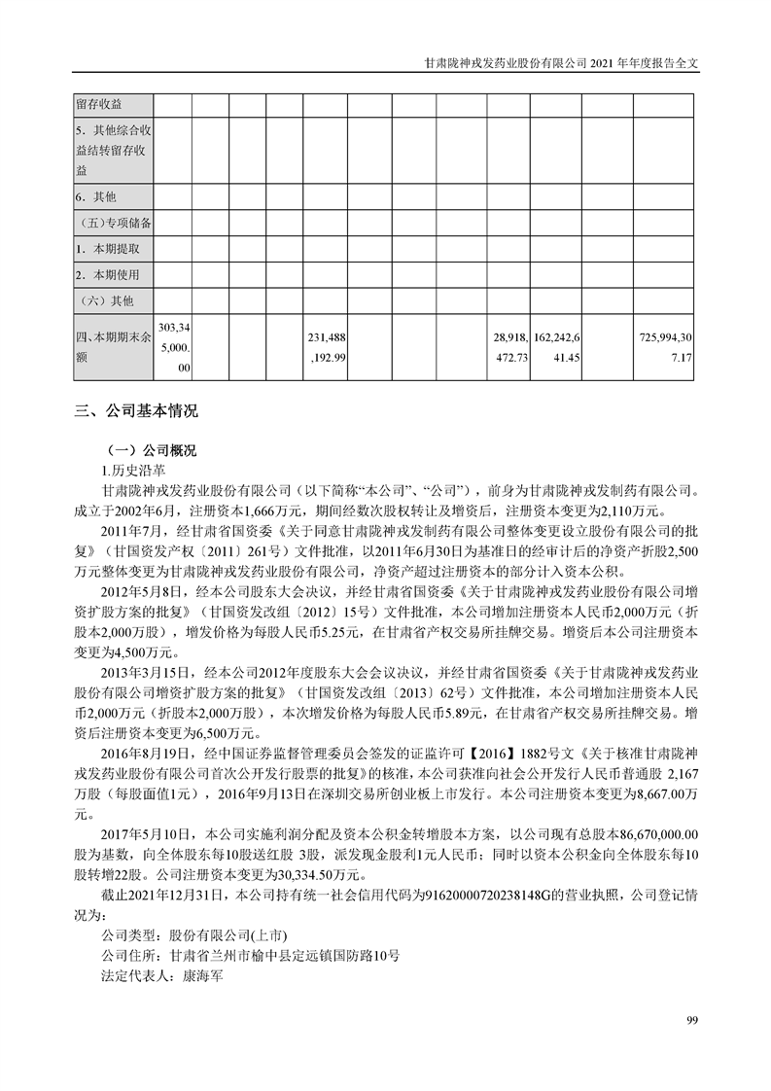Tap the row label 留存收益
tap(100, 104)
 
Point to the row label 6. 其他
tap(96, 196)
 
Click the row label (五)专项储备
tap(113, 223)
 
